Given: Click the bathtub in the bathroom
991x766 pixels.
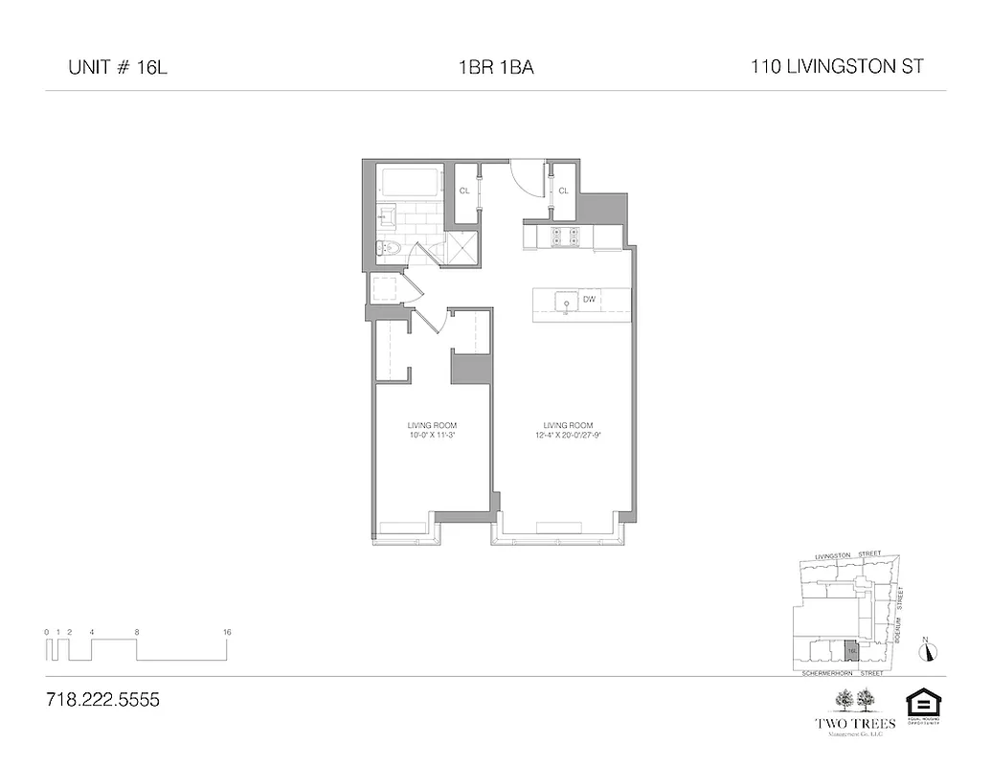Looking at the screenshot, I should coord(409,182).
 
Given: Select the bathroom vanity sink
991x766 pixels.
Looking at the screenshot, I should coord(388,217).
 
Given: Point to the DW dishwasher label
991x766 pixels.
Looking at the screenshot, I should coord(590,300).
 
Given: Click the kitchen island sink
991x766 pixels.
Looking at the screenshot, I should coord(566,302).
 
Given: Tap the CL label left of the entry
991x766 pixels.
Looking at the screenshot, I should coord(464,191).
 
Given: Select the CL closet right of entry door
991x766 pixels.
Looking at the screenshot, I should coord(563,191).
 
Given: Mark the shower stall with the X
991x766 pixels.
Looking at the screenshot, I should coord(462,247).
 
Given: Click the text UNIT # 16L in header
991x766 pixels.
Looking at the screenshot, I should coord(111,68).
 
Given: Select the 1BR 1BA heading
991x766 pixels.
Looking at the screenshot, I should coord(494,68).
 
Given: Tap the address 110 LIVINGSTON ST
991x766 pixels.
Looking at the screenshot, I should coord(837,67).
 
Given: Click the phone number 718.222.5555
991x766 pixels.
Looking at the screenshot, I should coord(102,700).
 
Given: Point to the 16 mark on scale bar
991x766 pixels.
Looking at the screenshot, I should coord(227,632).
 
